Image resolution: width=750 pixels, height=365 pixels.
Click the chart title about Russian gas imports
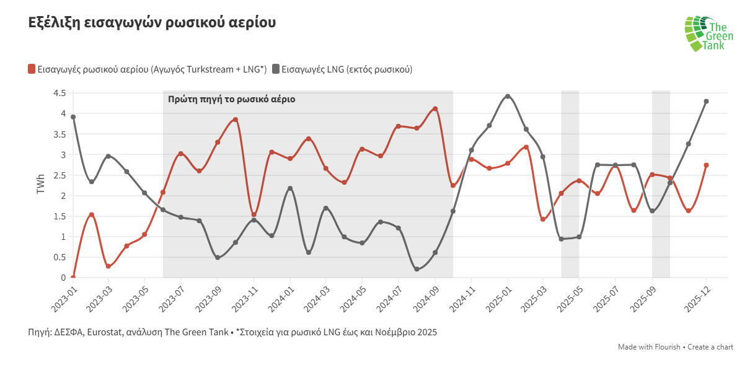click(152, 23)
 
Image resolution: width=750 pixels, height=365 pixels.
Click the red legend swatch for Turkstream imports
click(32, 69)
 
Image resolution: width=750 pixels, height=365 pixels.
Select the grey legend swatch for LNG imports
click(276, 69)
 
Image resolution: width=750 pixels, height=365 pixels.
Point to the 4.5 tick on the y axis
click(60, 93)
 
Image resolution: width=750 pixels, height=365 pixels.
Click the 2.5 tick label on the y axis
click(60, 175)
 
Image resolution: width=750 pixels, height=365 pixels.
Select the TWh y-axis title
click(41, 184)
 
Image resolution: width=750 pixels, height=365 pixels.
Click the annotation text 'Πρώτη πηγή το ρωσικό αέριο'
click(231, 99)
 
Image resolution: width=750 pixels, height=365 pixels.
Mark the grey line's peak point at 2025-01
click(508, 96)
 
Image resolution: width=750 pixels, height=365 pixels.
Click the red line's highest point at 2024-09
click(435, 108)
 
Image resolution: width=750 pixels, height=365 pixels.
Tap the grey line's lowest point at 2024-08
click(417, 269)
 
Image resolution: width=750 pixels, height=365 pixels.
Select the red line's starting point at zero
click(73, 278)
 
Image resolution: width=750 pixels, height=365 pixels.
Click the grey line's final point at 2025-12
click(706, 101)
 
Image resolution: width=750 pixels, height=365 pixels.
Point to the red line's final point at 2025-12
click(706, 165)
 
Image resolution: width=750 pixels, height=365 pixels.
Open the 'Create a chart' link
click(711, 347)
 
